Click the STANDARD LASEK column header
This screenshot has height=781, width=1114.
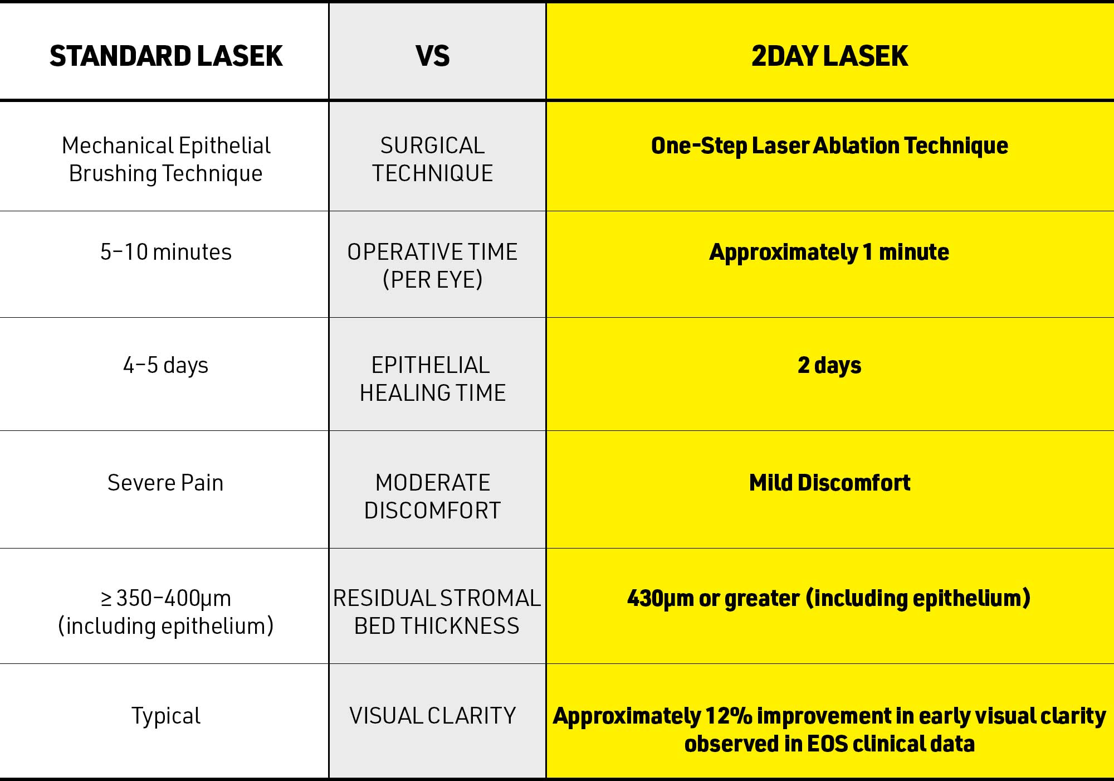tap(166, 56)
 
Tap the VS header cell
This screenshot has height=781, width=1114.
tap(433, 56)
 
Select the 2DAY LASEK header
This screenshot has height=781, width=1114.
tap(829, 56)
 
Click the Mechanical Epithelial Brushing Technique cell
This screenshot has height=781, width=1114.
tap(166, 159)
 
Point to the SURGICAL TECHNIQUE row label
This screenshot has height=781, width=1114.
tap(433, 159)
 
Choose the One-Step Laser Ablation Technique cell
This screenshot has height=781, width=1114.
tap(829, 146)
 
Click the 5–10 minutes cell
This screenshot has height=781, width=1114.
tap(166, 252)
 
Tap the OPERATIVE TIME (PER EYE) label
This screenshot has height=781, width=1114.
tap(433, 266)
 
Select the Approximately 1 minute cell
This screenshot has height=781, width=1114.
tap(829, 253)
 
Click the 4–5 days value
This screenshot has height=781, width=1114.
tap(166, 366)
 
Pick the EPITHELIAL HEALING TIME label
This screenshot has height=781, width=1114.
tap(433, 379)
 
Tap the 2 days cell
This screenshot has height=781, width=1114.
tap(829, 366)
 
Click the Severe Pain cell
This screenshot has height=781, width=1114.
tap(165, 483)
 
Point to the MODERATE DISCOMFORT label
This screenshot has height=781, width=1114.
tap(433, 497)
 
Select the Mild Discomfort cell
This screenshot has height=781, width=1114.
tap(829, 483)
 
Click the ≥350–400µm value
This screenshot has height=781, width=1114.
tap(166, 599)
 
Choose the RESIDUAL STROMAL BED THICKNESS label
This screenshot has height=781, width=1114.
tap(437, 612)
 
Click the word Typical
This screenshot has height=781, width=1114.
tap(166, 716)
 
